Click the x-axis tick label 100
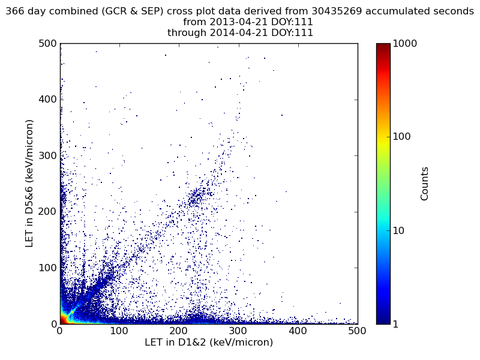(x=119, y=331)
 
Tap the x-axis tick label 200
(x=179, y=331)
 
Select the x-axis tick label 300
(x=238, y=331)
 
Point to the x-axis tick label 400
(x=298, y=331)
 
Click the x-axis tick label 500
(x=357, y=331)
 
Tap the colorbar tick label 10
(x=399, y=230)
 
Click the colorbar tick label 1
(x=397, y=324)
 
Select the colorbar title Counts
(x=425, y=184)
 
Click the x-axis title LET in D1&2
(x=208, y=343)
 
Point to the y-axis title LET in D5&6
(x=29, y=184)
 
